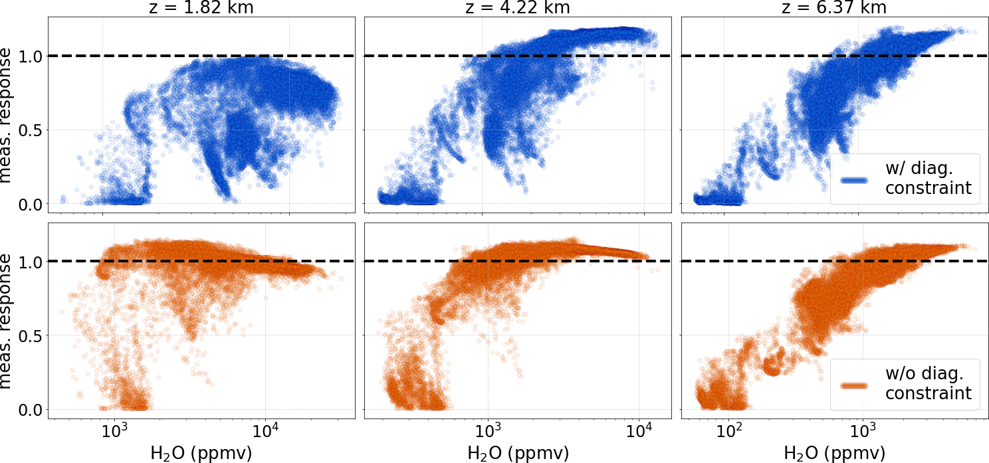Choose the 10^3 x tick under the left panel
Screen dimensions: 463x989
(116, 432)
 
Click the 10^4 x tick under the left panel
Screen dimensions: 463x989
(266, 432)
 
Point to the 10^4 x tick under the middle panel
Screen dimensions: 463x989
(639, 432)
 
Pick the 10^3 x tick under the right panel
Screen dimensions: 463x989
(863, 432)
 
